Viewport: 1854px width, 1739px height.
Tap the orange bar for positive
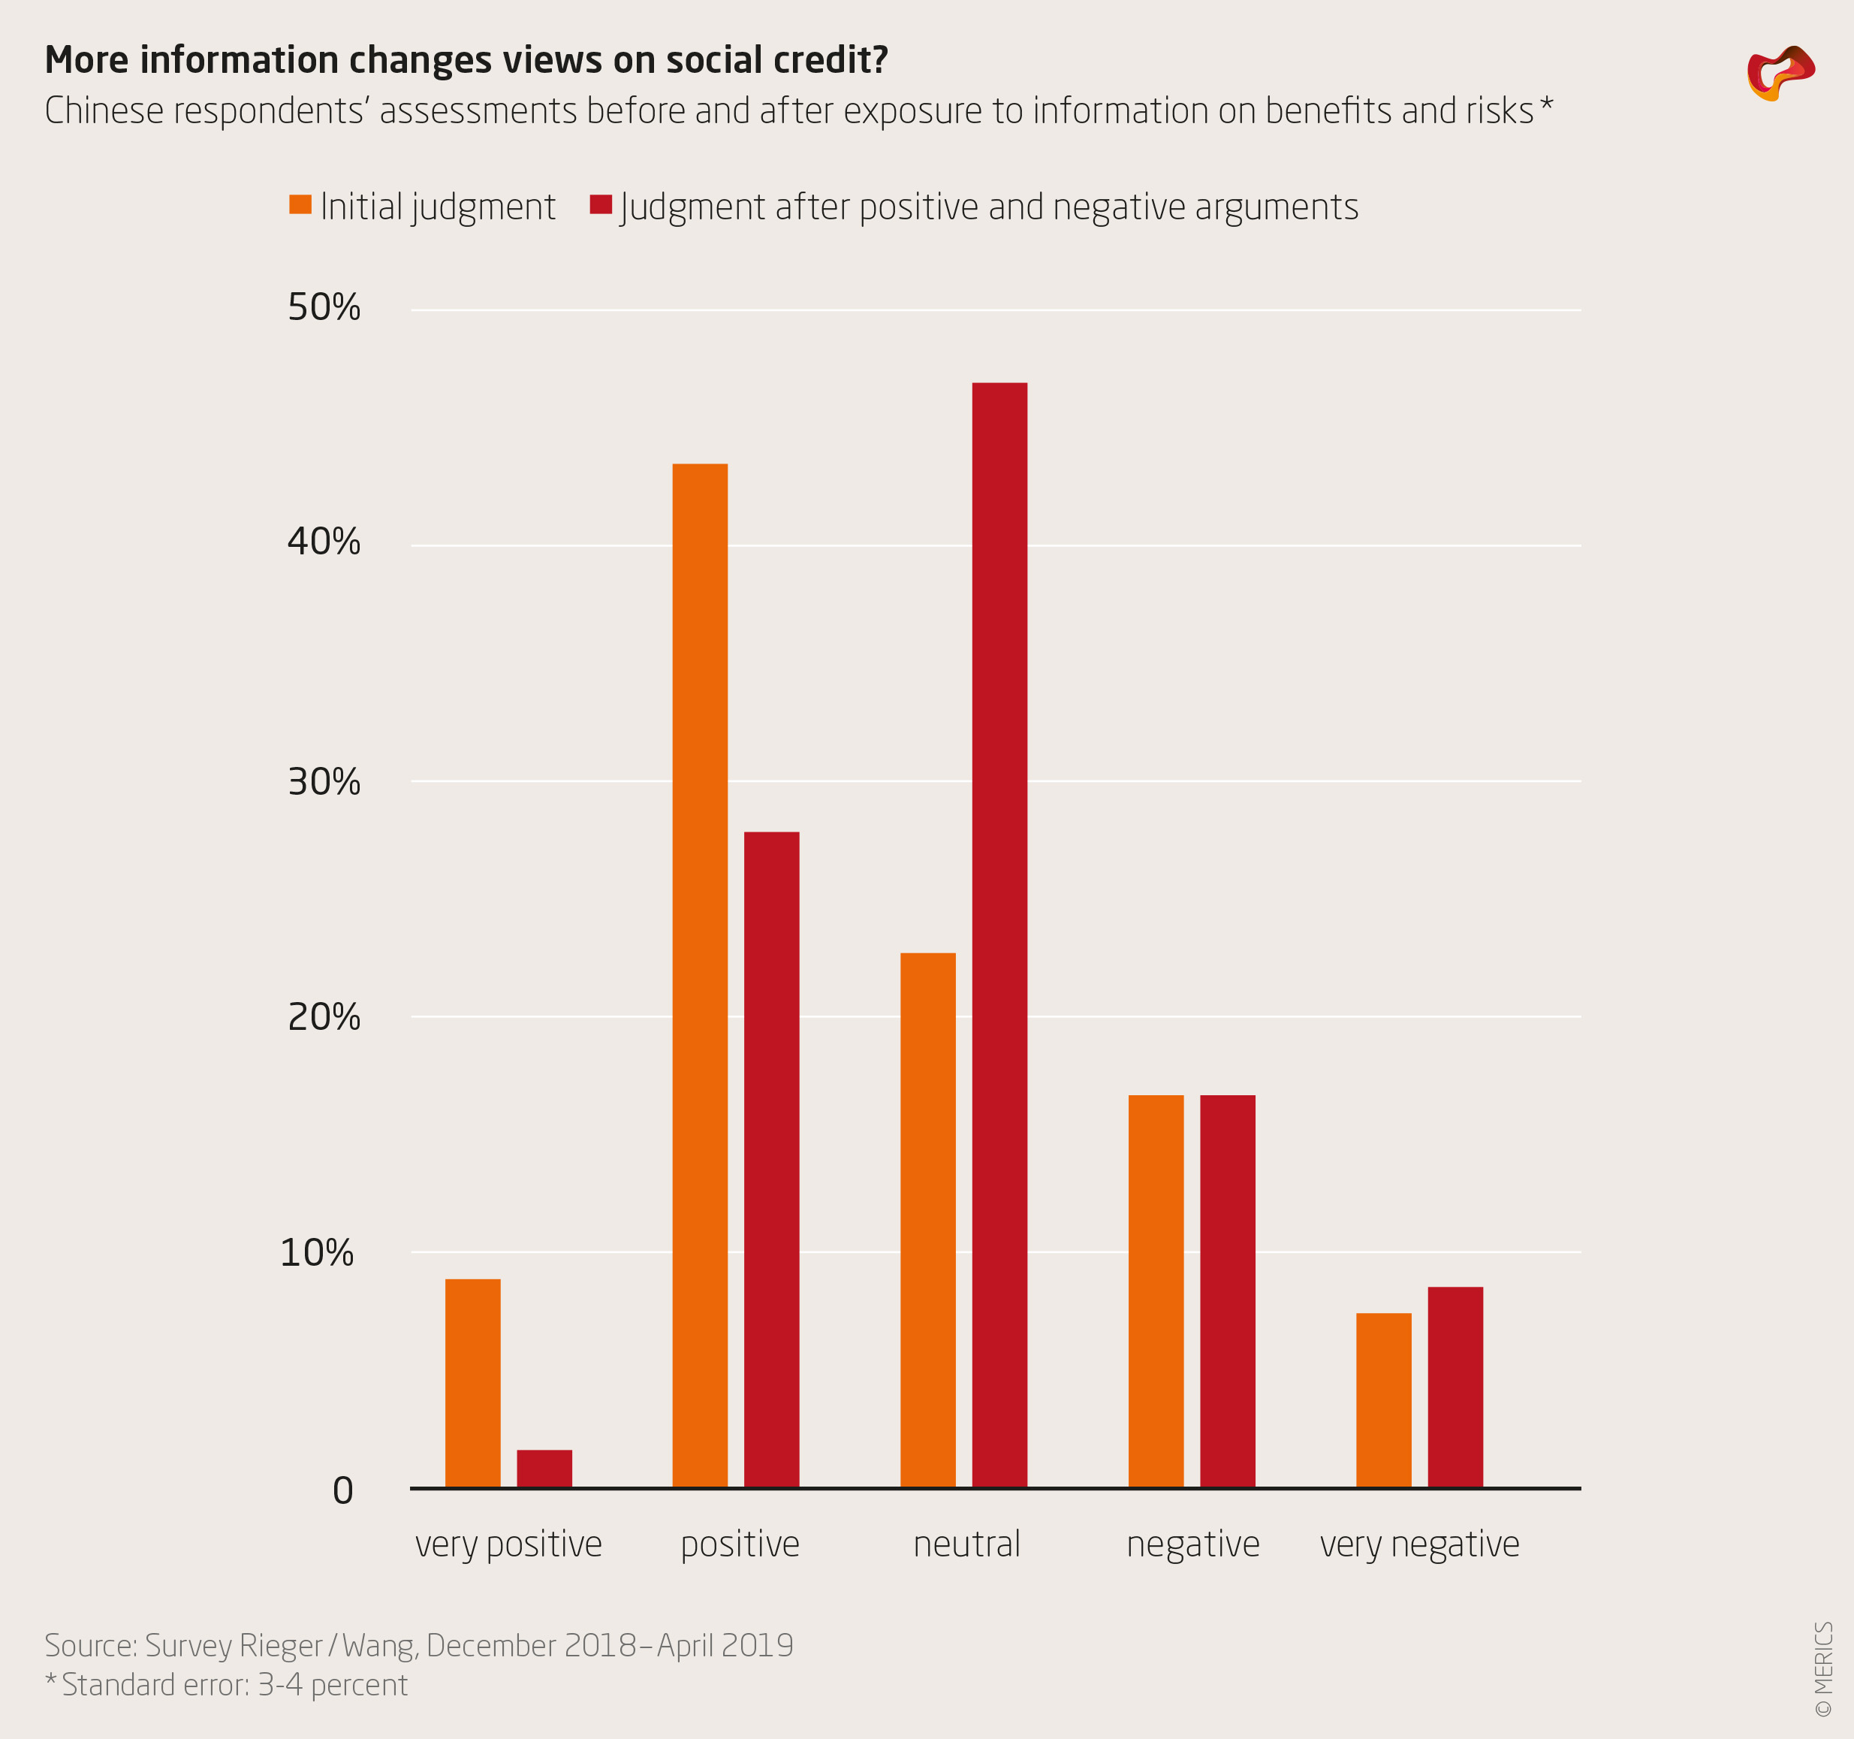click(701, 975)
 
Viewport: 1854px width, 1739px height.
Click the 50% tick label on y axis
click(324, 308)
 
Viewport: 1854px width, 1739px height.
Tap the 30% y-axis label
click(324, 782)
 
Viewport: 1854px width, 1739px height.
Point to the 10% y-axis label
click(317, 1253)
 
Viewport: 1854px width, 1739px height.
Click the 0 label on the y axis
click(343, 1491)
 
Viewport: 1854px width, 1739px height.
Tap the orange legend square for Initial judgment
click(300, 204)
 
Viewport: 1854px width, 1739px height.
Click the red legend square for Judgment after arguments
click(601, 204)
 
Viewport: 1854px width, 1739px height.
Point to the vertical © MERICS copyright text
click(1824, 1669)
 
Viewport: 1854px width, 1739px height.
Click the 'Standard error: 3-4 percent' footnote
click(233, 1686)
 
